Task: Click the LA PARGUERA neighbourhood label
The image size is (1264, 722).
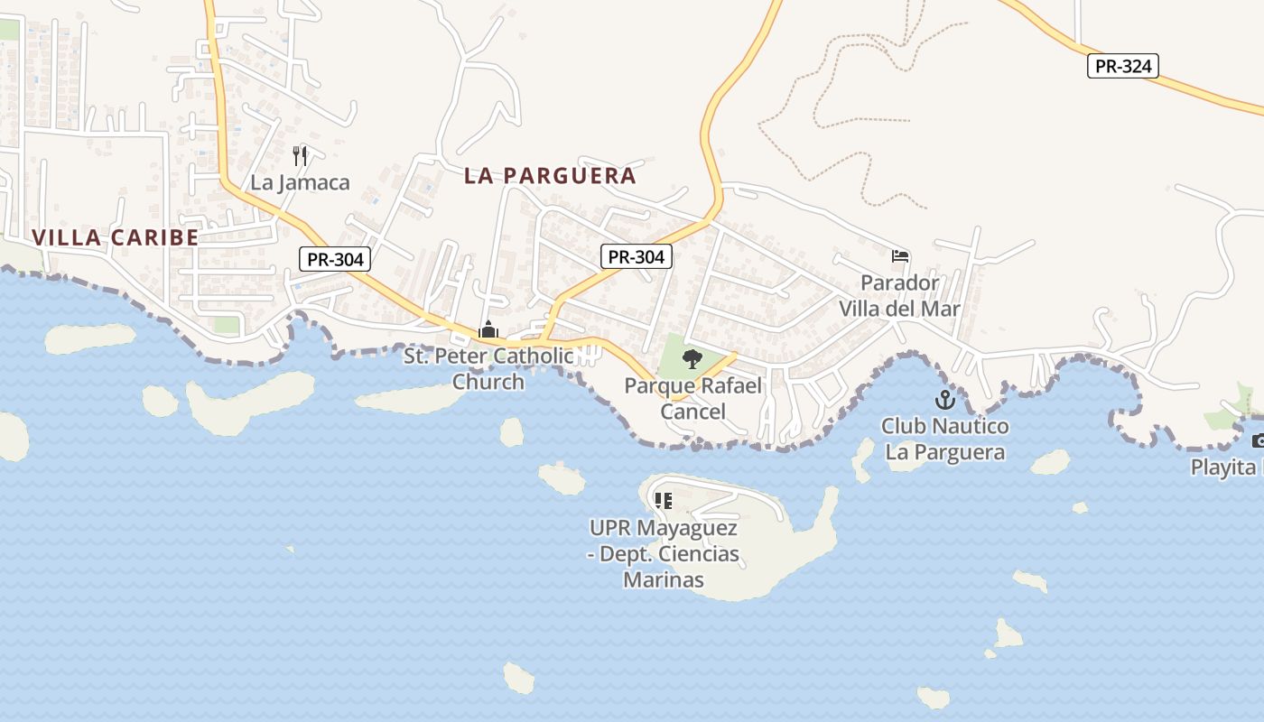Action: (550, 175)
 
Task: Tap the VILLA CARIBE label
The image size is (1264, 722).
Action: (116, 237)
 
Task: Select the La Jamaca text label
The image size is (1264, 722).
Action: (300, 182)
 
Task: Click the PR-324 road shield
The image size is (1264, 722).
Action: (1122, 66)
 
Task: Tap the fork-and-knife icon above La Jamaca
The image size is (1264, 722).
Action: (301, 155)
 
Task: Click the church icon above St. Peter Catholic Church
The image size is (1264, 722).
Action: (488, 329)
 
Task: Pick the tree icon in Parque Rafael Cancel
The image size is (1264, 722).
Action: (692, 359)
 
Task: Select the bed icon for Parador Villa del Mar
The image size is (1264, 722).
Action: (899, 256)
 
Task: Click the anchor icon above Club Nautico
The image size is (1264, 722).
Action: (944, 400)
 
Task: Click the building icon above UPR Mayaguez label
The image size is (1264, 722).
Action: (664, 501)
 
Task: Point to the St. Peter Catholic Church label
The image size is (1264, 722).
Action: (488, 368)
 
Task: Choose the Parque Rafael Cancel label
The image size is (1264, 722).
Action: (693, 398)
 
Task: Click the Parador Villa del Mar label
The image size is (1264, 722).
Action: (899, 296)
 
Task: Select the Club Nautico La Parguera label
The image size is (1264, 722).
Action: (945, 439)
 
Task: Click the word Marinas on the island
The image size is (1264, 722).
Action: (663, 579)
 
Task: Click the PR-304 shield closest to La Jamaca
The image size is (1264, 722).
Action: (335, 259)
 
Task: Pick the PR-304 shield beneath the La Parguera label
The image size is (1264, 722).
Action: (637, 256)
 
